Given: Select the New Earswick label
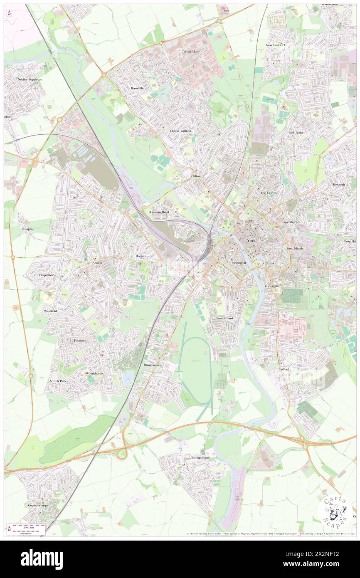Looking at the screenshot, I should pyautogui.click(x=276, y=44).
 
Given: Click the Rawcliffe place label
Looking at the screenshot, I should pyautogui.click(x=137, y=88).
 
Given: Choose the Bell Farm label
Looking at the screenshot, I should pyautogui.click(x=296, y=132).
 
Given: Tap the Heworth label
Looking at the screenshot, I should pyautogui.click(x=338, y=184).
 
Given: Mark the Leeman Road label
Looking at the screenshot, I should pyautogui.click(x=160, y=212).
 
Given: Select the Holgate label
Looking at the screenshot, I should pyautogui.click(x=141, y=256).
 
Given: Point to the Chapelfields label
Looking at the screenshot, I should pyautogui.click(x=47, y=275).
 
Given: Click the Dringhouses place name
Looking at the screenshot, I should pyautogui.click(x=153, y=365).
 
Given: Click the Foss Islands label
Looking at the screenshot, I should pyautogui.click(x=295, y=248).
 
